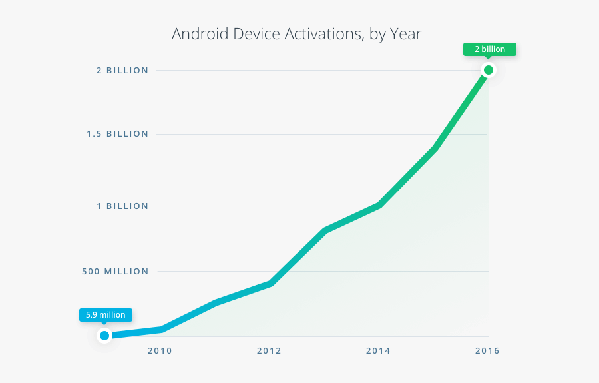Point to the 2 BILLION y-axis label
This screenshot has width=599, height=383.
click(x=122, y=71)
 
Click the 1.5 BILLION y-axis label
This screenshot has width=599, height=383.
click(x=117, y=134)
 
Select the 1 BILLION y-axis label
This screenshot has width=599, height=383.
click(x=122, y=206)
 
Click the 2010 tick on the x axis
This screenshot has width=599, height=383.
click(x=160, y=351)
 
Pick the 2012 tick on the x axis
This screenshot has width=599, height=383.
click(x=269, y=351)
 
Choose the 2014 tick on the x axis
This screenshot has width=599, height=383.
click(x=378, y=351)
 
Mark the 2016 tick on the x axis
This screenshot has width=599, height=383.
click(x=487, y=351)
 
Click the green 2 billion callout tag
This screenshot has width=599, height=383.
click(x=490, y=49)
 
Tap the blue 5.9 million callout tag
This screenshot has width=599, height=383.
click(x=106, y=314)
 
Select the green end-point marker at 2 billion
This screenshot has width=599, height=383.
click(x=489, y=70)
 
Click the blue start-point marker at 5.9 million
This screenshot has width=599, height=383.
click(x=104, y=336)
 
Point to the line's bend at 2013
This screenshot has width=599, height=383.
click(x=325, y=230)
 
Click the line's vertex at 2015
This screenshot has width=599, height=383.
click(x=434, y=148)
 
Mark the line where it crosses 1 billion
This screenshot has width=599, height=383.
click(x=379, y=206)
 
